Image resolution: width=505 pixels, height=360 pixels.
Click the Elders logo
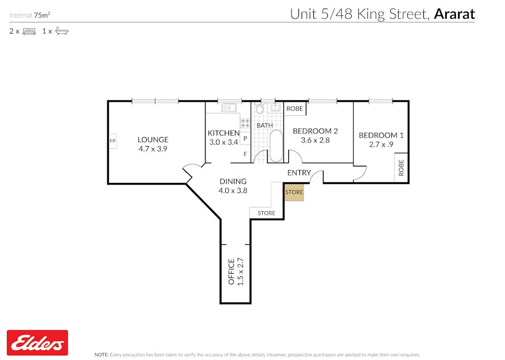(x=37, y=342)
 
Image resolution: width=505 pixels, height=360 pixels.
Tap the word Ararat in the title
(x=454, y=14)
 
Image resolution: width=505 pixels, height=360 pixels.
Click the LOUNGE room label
(x=153, y=140)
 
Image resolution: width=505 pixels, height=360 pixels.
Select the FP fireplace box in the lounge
(x=113, y=141)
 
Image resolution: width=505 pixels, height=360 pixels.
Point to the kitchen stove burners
(x=245, y=123)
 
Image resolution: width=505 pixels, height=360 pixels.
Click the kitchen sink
(x=228, y=108)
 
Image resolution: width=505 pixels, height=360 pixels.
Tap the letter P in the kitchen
(x=245, y=139)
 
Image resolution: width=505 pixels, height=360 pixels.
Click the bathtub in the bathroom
(x=277, y=146)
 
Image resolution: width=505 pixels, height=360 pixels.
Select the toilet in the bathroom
(x=260, y=109)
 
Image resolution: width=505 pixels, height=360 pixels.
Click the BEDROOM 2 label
(x=315, y=131)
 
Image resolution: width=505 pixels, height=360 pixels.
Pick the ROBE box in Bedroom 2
(x=295, y=109)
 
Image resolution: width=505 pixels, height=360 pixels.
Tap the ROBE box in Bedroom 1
(x=401, y=168)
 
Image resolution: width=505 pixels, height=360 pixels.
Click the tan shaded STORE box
(x=294, y=192)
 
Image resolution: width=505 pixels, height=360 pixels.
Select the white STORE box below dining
(x=266, y=213)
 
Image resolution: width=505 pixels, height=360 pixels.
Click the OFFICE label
(x=232, y=271)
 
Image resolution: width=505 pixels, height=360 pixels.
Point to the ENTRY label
(x=298, y=173)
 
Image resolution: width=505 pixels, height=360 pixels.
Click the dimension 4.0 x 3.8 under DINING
(x=232, y=190)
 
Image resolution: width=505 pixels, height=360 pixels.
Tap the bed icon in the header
(x=29, y=31)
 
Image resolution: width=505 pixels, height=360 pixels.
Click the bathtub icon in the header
(x=62, y=31)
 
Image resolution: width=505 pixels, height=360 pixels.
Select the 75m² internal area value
(x=42, y=15)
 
